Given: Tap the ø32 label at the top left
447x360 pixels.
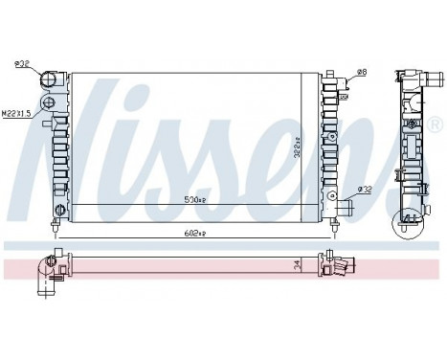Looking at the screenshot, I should coord(21,65).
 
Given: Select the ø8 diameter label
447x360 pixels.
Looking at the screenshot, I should coord(362,73).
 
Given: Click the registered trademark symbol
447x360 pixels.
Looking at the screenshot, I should coord(436,125).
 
